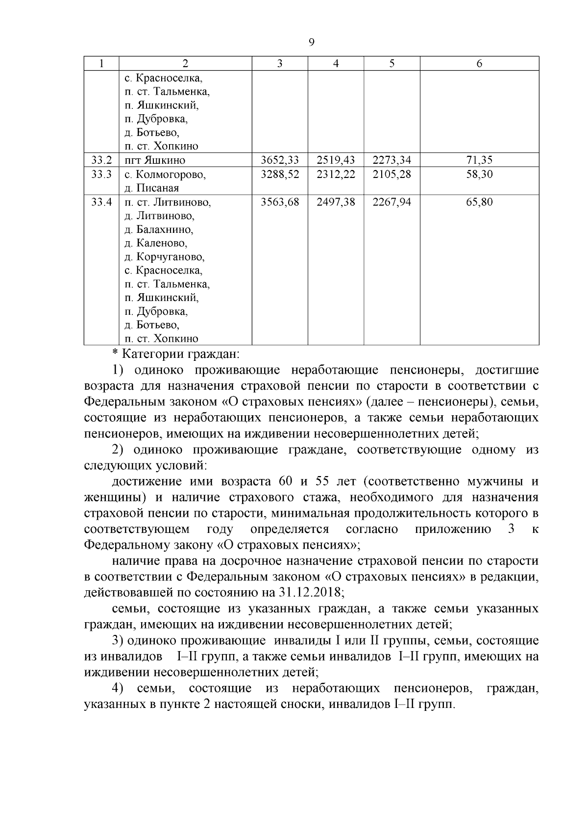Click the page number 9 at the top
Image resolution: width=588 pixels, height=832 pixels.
tap(312, 43)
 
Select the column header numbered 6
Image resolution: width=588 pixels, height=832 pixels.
tap(479, 64)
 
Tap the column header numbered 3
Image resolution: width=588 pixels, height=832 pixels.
tap(279, 64)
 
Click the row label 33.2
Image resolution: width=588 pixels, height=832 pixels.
tap(101, 160)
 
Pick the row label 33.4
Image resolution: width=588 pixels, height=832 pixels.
tap(101, 202)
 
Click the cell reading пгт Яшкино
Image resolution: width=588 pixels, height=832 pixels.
tap(155, 160)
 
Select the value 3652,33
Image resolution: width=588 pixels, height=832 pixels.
tap(280, 160)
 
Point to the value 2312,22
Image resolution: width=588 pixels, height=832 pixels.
tap(336, 175)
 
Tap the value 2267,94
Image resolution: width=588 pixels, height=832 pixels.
tap(392, 202)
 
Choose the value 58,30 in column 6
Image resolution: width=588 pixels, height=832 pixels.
tap(479, 175)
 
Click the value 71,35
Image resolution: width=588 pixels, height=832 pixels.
tap(479, 160)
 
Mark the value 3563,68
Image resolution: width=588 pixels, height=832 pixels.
tap(280, 202)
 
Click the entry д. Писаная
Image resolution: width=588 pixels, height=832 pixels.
tap(151, 188)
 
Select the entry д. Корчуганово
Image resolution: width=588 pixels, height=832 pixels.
tap(164, 257)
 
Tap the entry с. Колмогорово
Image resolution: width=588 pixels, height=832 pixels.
tap(165, 175)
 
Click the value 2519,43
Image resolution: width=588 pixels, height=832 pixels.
tap(336, 160)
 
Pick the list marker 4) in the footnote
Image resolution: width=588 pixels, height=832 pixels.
tap(118, 688)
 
